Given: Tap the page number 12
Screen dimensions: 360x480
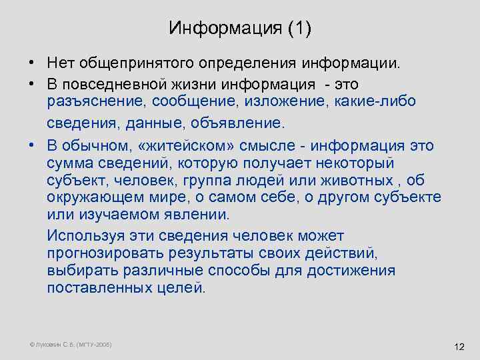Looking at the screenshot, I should [458, 347].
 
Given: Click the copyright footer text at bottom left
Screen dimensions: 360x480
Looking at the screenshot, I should [71, 344].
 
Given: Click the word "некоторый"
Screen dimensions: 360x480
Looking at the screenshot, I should [350, 163].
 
